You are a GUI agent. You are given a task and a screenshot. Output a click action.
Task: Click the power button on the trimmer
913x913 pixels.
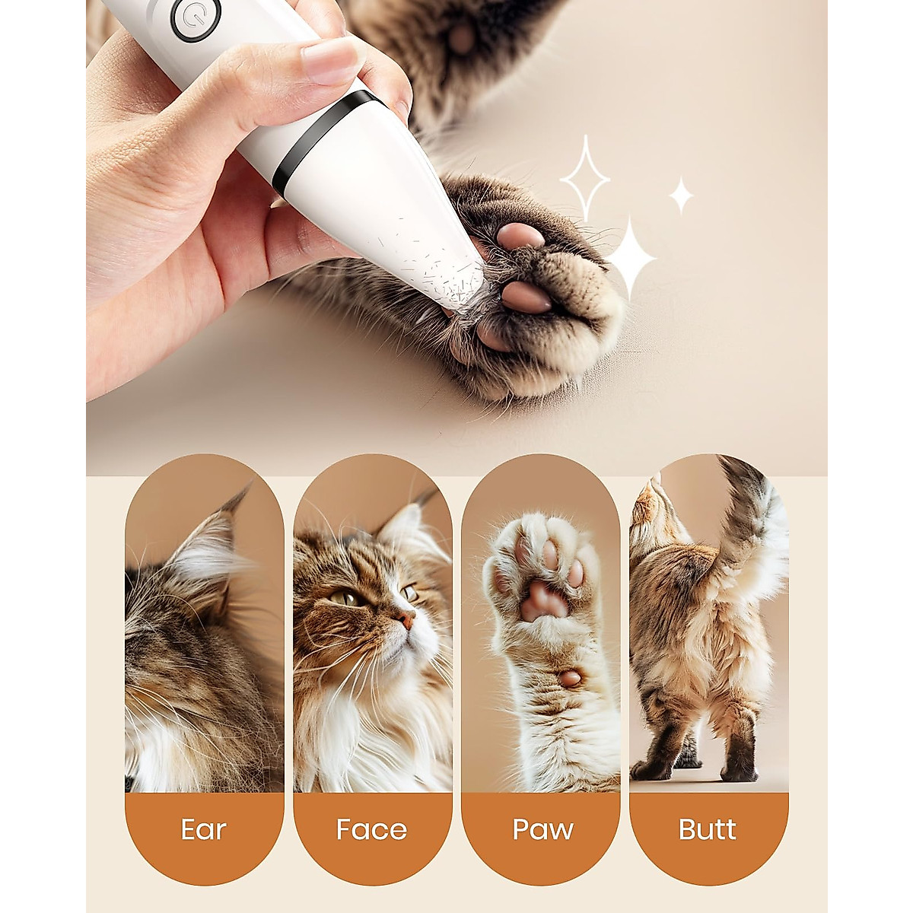click(x=196, y=17)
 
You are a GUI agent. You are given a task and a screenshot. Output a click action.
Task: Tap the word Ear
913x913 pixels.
click(x=204, y=829)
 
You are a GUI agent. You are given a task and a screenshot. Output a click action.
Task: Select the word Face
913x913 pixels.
click(x=372, y=829)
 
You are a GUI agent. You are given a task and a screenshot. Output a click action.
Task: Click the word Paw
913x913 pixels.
click(x=542, y=829)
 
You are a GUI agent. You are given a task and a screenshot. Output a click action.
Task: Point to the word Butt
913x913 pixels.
click(x=708, y=829)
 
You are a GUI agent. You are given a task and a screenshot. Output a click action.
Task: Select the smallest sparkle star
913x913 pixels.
click(x=681, y=196)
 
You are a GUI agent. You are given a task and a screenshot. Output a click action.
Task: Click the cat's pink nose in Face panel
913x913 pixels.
click(x=409, y=620)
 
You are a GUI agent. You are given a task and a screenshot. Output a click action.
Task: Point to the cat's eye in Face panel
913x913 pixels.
click(x=345, y=599)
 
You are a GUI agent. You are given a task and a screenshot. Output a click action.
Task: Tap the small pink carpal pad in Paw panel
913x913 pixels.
click(x=571, y=677)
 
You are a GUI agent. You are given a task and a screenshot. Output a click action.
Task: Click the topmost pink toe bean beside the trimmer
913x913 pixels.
click(x=521, y=237)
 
